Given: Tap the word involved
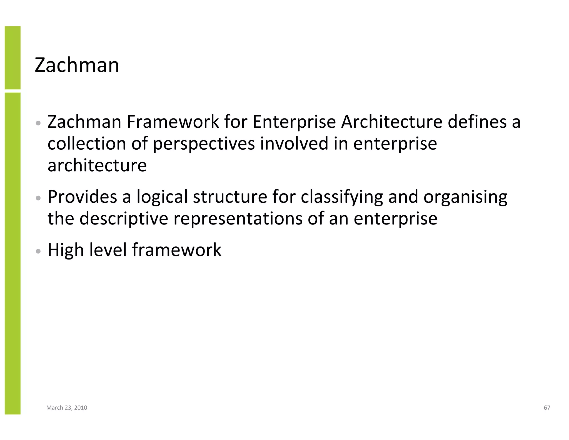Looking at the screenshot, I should pos(294,144).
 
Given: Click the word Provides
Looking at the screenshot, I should pos(82,197).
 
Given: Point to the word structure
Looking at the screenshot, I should pos(230,197).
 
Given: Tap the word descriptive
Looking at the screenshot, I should pos(124,219).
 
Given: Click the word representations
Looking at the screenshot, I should pos(238,219).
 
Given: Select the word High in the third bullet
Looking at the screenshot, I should pos(66,250).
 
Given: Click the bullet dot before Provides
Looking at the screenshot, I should pos(39,198).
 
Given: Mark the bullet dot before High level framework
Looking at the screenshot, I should pos(39,251).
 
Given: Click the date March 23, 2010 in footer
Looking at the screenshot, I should pos(67,408).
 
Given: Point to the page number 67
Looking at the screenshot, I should pos(547,408).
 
